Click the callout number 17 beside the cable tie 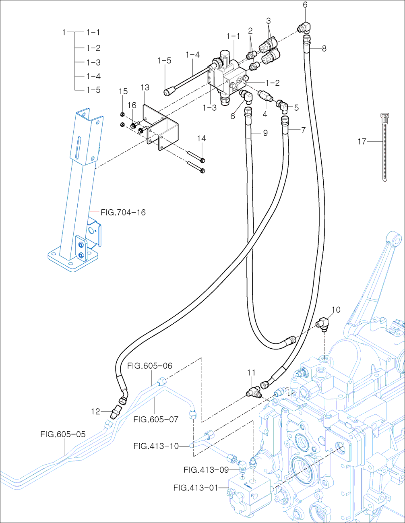pos(362,141)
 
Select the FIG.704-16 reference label pos(123,212)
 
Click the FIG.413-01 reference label pos(196,488)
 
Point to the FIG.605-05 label pos(63,434)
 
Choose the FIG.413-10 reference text pos(156,446)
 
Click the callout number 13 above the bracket pos(145,87)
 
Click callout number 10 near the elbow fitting pos(336,310)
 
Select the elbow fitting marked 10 pos(323,323)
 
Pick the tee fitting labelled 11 pos(254,391)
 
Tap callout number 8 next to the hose pos(324,49)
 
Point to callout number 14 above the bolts pos(201,139)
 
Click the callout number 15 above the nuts pos(123,91)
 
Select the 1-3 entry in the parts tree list pos(93,62)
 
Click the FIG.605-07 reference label pos(156,419)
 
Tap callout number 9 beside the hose pos(265,132)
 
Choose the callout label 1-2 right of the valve pos(273,83)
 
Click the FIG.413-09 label pos(206,469)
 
